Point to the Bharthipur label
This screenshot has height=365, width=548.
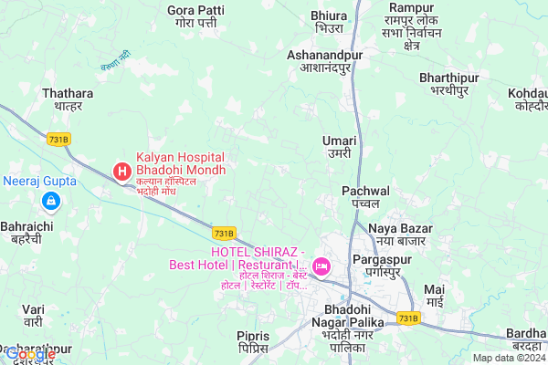click(450, 85)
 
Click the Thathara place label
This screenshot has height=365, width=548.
click(68, 99)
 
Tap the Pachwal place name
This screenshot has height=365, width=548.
click(365, 198)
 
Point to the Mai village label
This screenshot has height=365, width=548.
click(435, 295)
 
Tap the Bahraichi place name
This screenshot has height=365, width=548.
click(26, 232)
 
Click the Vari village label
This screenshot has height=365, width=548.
click(34, 316)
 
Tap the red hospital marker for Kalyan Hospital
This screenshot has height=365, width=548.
click(121, 171)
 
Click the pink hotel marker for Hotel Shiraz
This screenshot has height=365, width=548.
click(321, 266)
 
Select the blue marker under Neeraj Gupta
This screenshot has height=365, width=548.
click(51, 200)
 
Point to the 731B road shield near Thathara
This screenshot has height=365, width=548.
click(59, 137)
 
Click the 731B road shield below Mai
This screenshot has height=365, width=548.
click(409, 318)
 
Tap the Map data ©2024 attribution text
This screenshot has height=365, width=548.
click(508, 358)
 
